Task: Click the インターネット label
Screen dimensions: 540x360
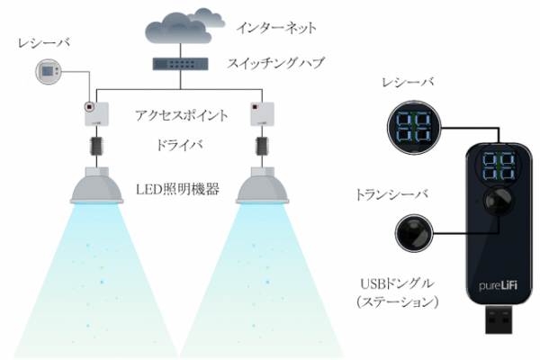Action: point(276,28)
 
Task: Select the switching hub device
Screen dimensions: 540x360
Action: point(181,64)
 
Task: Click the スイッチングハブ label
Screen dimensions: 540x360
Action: point(275,63)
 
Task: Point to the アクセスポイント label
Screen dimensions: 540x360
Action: point(182,115)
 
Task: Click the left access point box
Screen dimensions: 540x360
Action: point(97,113)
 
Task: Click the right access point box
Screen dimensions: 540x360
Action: point(262,113)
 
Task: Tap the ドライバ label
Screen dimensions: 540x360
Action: point(179,145)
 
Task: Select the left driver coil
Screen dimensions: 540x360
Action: point(97,146)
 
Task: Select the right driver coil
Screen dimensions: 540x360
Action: point(262,146)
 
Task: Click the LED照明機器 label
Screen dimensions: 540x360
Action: point(177,189)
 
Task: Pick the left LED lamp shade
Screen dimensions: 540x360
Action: point(97,185)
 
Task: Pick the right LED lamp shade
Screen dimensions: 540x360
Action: point(262,185)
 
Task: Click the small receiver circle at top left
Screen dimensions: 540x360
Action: point(49,72)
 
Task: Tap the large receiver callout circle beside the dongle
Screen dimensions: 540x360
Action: point(414,128)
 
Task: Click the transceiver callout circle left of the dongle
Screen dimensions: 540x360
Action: point(414,233)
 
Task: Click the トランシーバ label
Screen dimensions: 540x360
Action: point(391,194)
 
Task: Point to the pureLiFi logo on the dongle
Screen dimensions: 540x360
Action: point(498,285)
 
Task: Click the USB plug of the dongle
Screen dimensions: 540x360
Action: point(498,319)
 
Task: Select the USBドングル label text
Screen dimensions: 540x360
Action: point(397,283)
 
